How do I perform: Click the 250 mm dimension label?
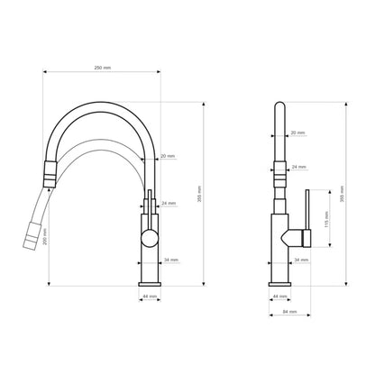pyautogui.click(x=103, y=68)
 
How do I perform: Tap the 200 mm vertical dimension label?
pyautogui.click(x=45, y=237)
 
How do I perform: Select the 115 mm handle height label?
pyautogui.click(x=326, y=219)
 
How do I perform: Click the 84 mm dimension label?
pyautogui.click(x=289, y=312)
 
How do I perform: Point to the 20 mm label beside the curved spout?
pyautogui.click(x=168, y=156)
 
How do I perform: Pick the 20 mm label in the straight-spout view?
pyautogui.click(x=297, y=133)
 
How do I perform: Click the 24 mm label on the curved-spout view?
pyautogui.click(x=169, y=203)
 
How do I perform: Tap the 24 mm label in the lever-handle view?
pyautogui.click(x=298, y=167)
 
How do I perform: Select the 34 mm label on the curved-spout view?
pyautogui.click(x=171, y=260)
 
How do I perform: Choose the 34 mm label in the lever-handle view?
pyautogui.click(x=301, y=260)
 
